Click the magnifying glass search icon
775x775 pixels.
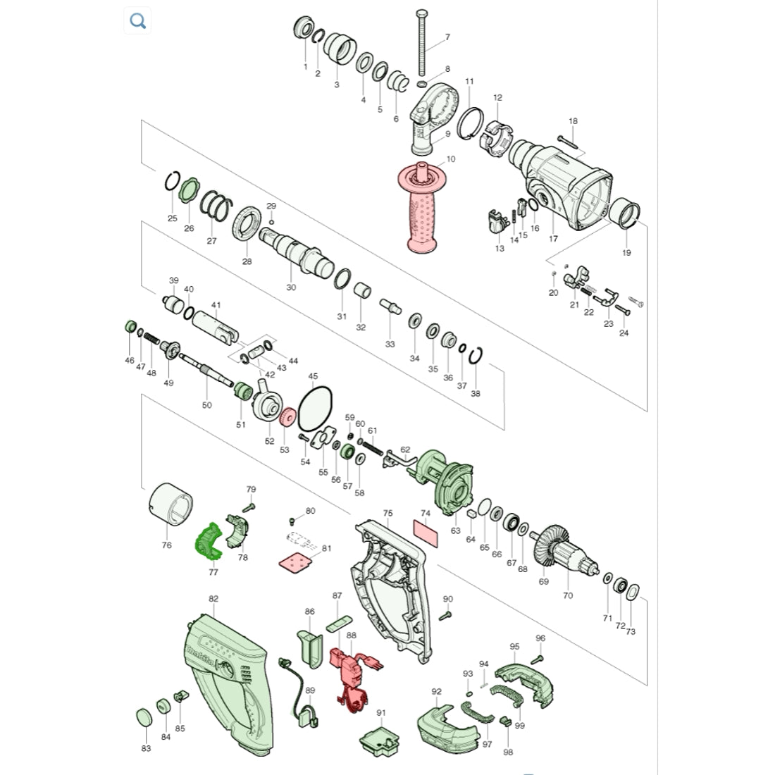pyautogui.click(x=137, y=21)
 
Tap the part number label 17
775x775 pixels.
pyautogui.click(x=553, y=239)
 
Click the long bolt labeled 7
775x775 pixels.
pyautogui.click(x=423, y=44)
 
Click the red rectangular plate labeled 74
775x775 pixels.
pyautogui.click(x=426, y=533)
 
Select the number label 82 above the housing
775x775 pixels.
pyautogui.click(x=213, y=599)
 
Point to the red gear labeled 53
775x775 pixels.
pyautogui.click(x=287, y=416)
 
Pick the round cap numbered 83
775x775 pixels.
pyautogui.click(x=144, y=717)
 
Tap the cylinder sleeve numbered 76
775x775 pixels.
pyautogui.click(x=171, y=504)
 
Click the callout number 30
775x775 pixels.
pyautogui.click(x=291, y=287)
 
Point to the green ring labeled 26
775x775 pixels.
pyautogui.click(x=189, y=191)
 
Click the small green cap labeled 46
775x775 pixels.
pyautogui.click(x=130, y=327)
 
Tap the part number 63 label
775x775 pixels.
pyautogui.click(x=455, y=531)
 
